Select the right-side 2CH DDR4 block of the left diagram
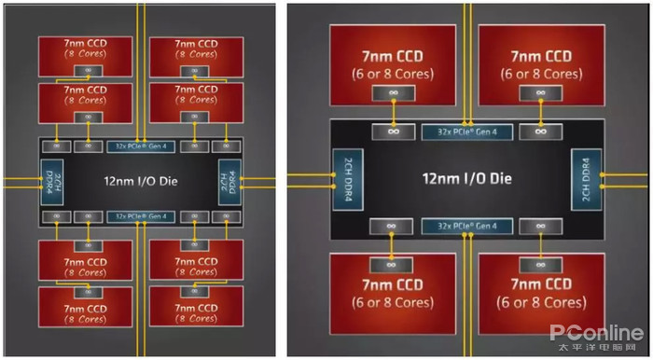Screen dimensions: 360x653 click(x=229, y=180)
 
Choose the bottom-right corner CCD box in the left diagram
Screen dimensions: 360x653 click(x=196, y=312)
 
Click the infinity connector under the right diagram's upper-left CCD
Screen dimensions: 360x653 click(x=393, y=93)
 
